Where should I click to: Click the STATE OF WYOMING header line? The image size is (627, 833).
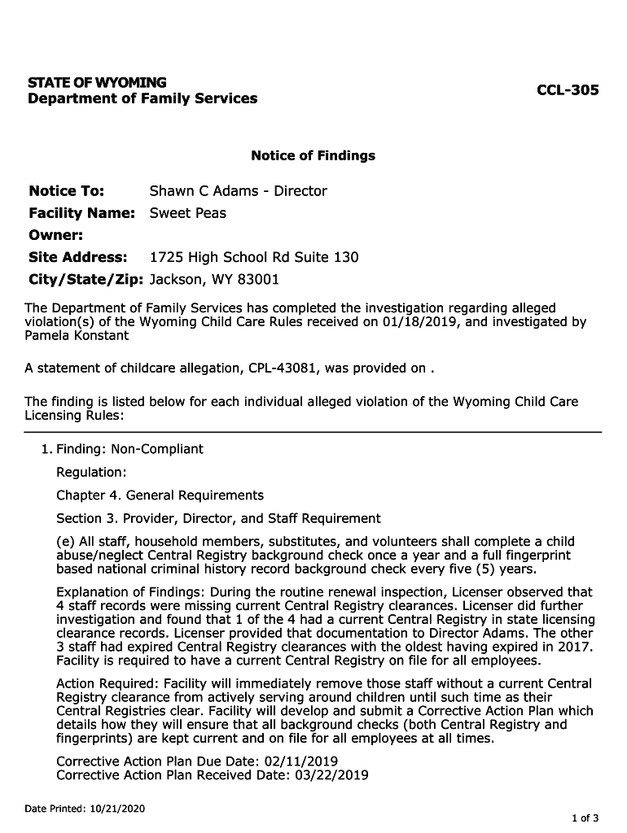coord(97,83)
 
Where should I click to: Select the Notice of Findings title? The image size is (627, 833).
coord(313,155)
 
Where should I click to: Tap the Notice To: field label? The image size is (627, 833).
coord(66,191)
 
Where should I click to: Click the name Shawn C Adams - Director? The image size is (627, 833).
coord(238,191)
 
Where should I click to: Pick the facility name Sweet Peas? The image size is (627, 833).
coord(188,213)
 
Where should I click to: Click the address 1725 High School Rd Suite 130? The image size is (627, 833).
coord(254,257)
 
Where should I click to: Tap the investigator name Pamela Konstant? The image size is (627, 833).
coord(77,335)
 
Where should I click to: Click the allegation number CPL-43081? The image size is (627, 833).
coord(279,368)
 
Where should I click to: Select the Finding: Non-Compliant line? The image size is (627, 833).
coord(129,449)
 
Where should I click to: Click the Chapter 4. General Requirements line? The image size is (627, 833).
coord(160,495)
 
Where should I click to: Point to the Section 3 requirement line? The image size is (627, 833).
coord(218,518)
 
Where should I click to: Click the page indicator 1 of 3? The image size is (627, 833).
coord(585,818)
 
